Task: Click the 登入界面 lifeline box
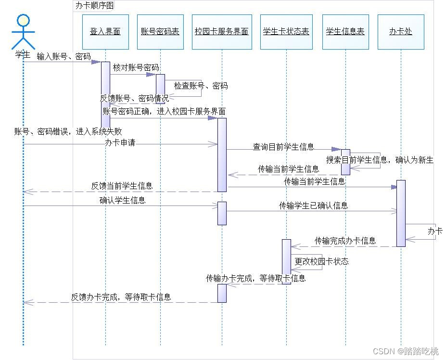pyautogui.click(x=105, y=32)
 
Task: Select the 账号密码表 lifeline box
pyautogui.click(x=160, y=32)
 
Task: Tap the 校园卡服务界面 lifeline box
pyautogui.click(x=222, y=32)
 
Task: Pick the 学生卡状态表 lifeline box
pyautogui.click(x=286, y=32)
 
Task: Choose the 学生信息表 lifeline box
pyautogui.click(x=345, y=32)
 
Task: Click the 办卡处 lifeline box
pyautogui.click(x=401, y=32)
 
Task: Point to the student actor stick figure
pyautogui.click(x=23, y=31)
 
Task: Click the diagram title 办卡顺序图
pyautogui.click(x=94, y=6)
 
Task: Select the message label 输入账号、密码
pyautogui.click(x=64, y=56)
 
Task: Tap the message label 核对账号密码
pyautogui.click(x=136, y=68)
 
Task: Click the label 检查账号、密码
pyautogui.click(x=201, y=86)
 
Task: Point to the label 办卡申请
pyautogui.click(x=120, y=143)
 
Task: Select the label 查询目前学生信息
pyautogui.click(x=283, y=147)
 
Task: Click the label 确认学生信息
pyautogui.click(x=122, y=200)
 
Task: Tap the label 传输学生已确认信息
pyautogui.click(x=313, y=206)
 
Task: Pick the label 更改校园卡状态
pyautogui.click(x=321, y=261)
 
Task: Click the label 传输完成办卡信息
pyautogui.click(x=345, y=241)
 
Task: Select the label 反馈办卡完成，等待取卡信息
pyautogui.click(x=121, y=297)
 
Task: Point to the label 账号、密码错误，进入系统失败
pyautogui.click(x=68, y=131)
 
